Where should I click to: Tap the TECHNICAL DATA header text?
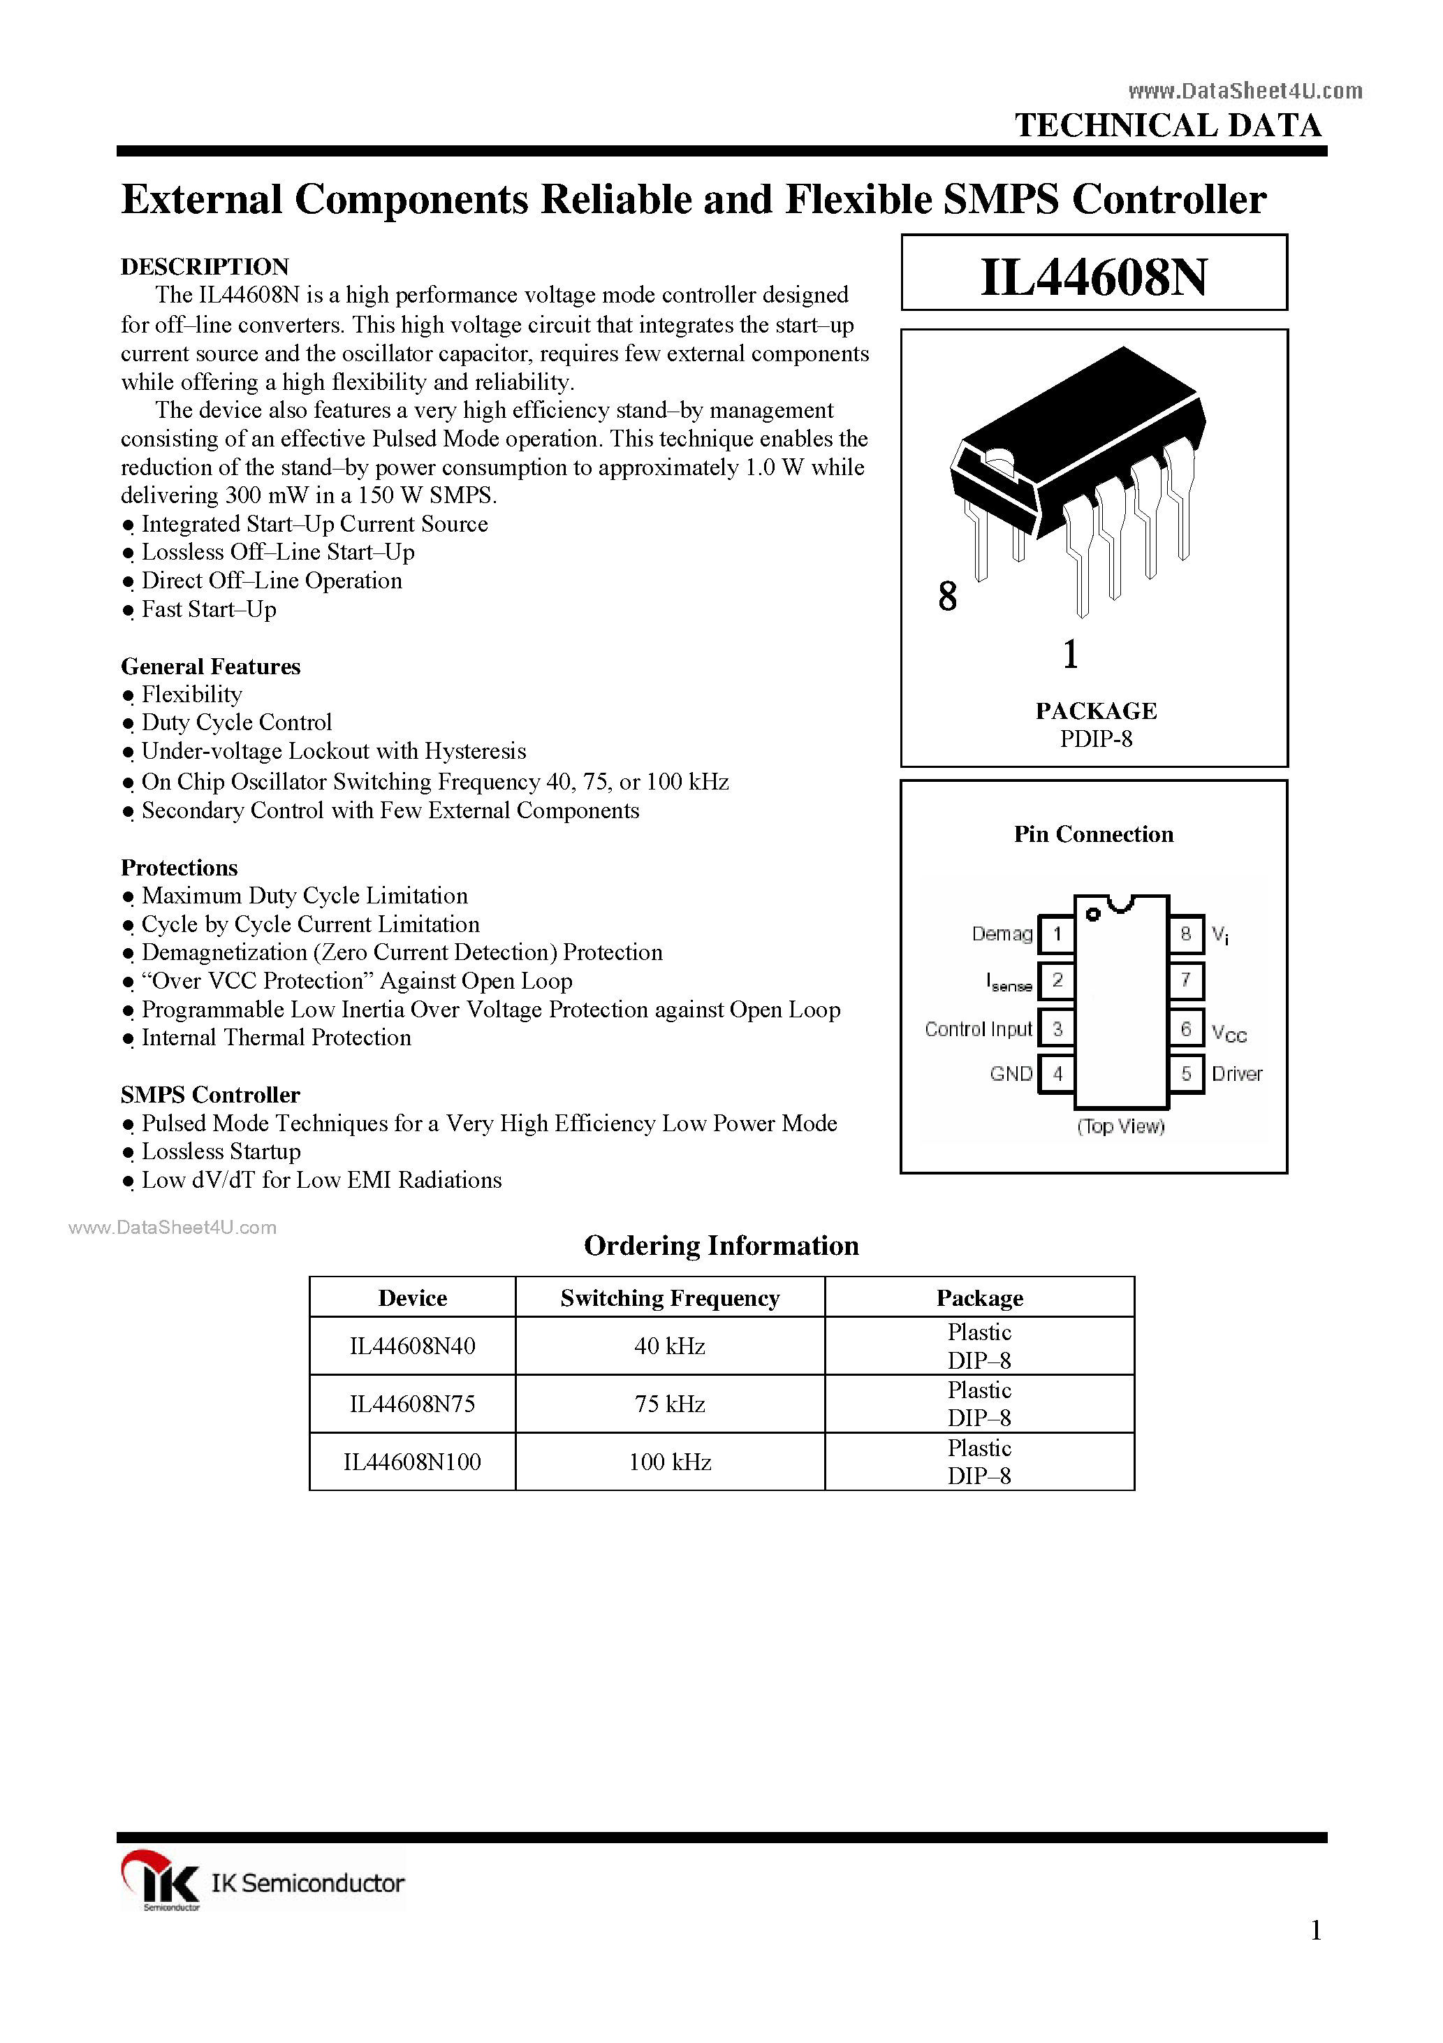[x=1168, y=126]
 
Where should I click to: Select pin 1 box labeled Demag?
[x=1057, y=934]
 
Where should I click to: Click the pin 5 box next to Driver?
[x=1186, y=1074]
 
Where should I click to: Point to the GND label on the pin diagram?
[x=1011, y=1074]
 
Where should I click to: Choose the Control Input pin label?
[x=978, y=1029]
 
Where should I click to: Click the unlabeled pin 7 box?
[x=1186, y=980]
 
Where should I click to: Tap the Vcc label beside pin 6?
[x=1229, y=1034]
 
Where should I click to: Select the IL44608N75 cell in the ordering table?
[x=412, y=1404]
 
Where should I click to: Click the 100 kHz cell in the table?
[x=670, y=1462]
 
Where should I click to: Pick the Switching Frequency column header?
[x=670, y=1298]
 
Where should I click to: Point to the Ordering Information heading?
[x=721, y=1246]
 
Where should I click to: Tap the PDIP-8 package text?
[x=1095, y=739]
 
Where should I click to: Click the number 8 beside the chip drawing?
[x=948, y=597]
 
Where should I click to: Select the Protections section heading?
[x=179, y=868]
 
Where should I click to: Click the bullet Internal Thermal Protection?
[x=276, y=1038]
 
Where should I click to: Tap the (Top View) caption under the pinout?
[x=1120, y=1126]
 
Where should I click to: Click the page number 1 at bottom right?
[x=1316, y=1931]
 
